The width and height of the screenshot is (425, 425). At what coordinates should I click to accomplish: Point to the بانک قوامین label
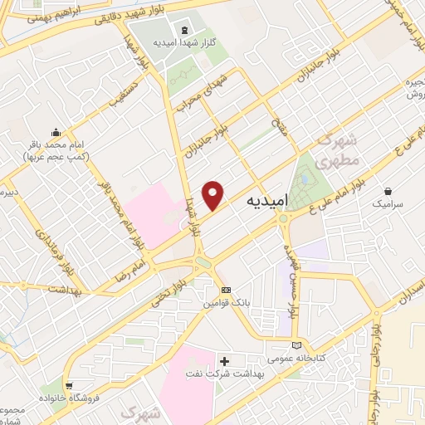[x=227, y=305]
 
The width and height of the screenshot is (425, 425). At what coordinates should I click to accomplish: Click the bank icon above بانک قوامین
[x=227, y=290]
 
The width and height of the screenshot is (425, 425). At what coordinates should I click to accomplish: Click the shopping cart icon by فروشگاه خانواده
[x=68, y=384]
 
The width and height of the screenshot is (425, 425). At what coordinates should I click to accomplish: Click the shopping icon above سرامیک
[x=387, y=190]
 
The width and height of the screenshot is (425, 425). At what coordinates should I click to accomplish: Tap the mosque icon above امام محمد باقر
[x=56, y=131]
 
